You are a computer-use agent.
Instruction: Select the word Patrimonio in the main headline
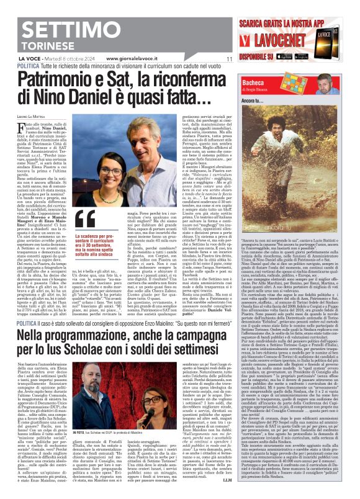pos(68,80)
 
